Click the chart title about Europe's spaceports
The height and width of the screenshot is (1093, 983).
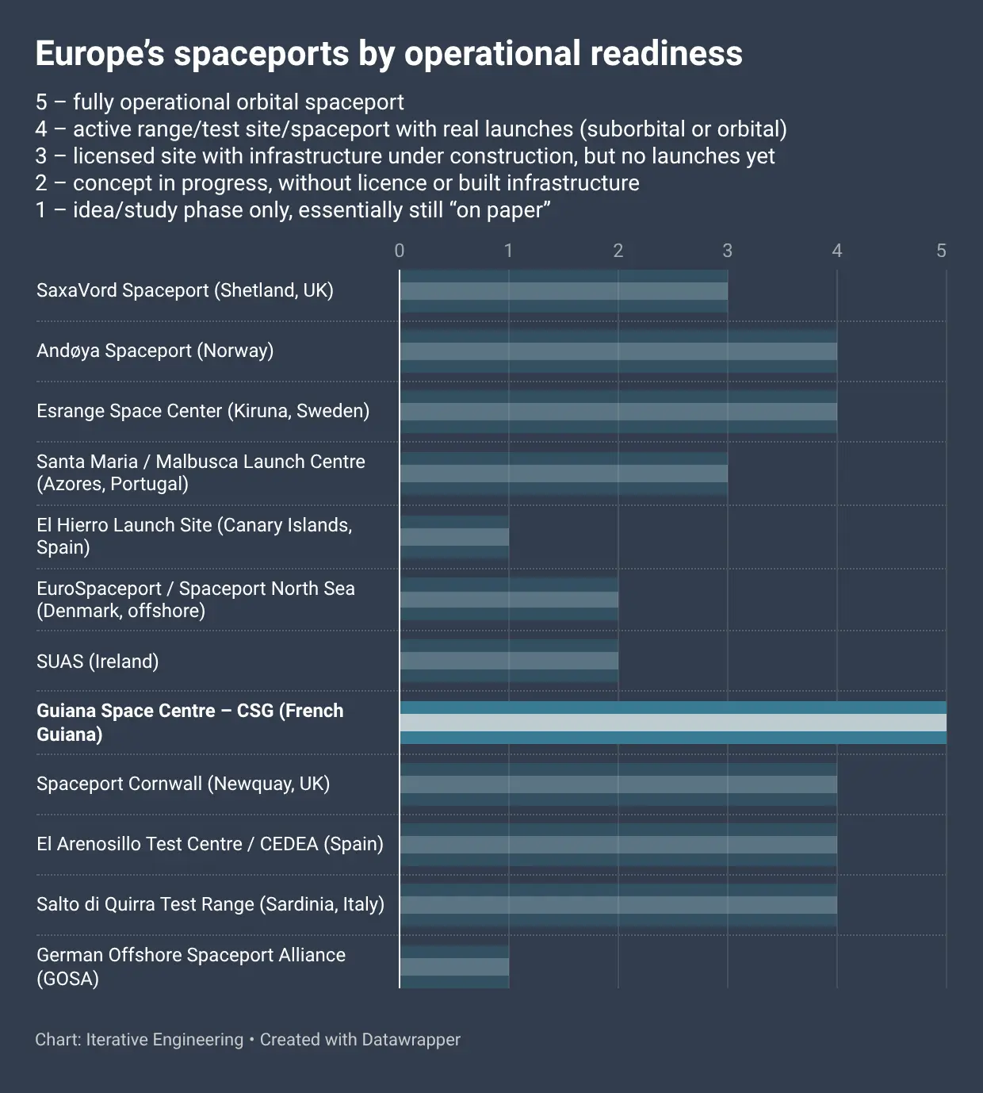point(388,54)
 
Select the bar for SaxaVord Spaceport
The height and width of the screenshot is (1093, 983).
point(564,291)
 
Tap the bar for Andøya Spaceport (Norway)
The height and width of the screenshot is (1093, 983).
point(618,351)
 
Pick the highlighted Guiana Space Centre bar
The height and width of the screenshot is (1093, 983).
point(673,723)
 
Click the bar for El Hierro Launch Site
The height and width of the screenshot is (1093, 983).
point(454,537)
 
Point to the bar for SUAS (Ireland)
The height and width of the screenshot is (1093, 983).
point(509,661)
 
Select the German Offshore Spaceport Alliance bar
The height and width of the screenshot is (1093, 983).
point(454,967)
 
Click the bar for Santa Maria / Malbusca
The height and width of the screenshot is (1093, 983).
point(564,474)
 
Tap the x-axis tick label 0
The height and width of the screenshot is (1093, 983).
point(400,251)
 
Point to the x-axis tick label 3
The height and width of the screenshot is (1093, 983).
point(727,251)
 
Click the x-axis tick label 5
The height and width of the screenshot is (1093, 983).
point(941,251)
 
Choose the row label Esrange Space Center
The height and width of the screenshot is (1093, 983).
point(203,411)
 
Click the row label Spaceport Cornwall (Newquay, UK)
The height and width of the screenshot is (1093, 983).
point(183,784)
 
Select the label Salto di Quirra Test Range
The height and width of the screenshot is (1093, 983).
point(210,904)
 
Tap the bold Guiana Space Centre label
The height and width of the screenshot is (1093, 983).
point(189,722)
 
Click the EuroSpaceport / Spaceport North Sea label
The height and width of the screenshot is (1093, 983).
point(195,600)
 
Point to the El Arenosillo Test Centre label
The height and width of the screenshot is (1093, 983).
point(209,844)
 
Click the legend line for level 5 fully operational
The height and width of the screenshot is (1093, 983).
point(220,102)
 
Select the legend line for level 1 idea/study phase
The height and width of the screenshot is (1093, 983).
point(293,210)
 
